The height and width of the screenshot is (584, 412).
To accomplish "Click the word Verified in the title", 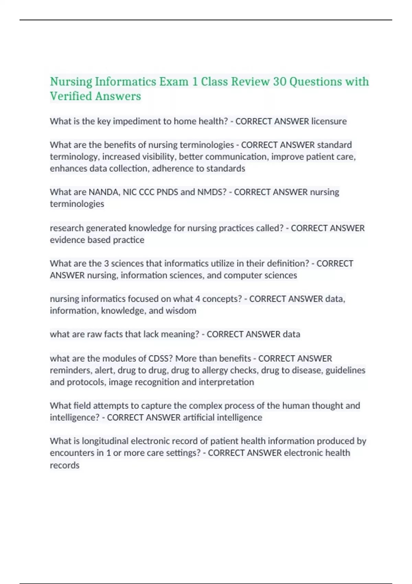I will tap(71, 96).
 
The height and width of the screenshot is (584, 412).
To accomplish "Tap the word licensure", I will tap(329, 121).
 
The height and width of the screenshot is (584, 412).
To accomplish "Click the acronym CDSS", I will tap(158, 359).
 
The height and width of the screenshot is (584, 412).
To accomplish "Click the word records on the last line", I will tap(65, 465).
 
